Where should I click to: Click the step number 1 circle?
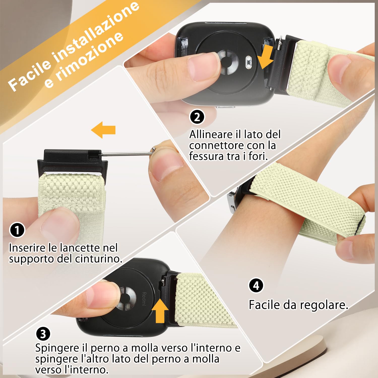pyautogui.click(x=17, y=230)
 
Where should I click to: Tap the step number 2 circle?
pyautogui.click(x=197, y=117)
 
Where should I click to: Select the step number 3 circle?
pyautogui.click(x=43, y=334)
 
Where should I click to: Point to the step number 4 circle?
pyautogui.click(x=256, y=286)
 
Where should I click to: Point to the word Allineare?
pyautogui.click(x=211, y=135)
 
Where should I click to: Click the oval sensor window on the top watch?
pyautogui.click(x=249, y=62)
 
